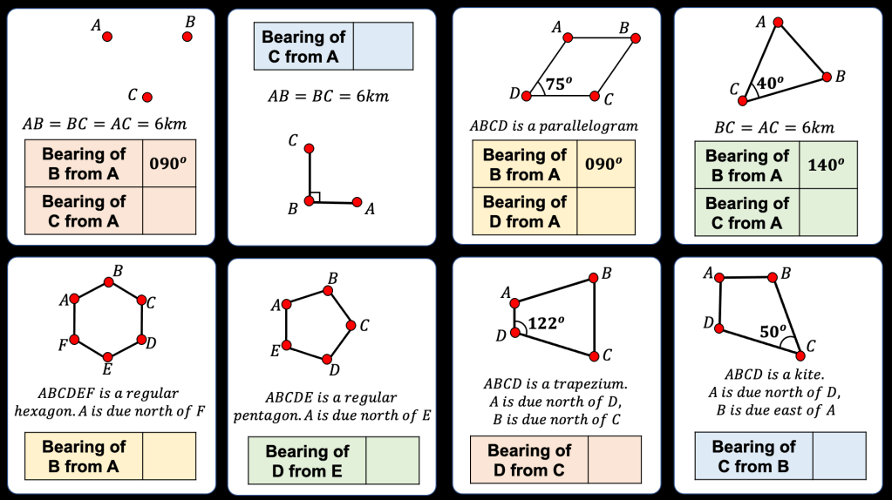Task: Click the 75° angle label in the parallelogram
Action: (558, 84)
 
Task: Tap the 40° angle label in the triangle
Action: (770, 84)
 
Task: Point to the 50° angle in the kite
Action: (773, 332)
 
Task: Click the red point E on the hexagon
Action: (107, 356)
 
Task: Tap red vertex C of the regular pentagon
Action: (351, 326)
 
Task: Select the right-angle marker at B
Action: (315, 198)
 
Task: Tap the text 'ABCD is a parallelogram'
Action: (555, 126)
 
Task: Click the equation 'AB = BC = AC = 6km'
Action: (105, 125)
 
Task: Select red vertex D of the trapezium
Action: (514, 333)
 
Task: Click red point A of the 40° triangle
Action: (778, 23)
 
